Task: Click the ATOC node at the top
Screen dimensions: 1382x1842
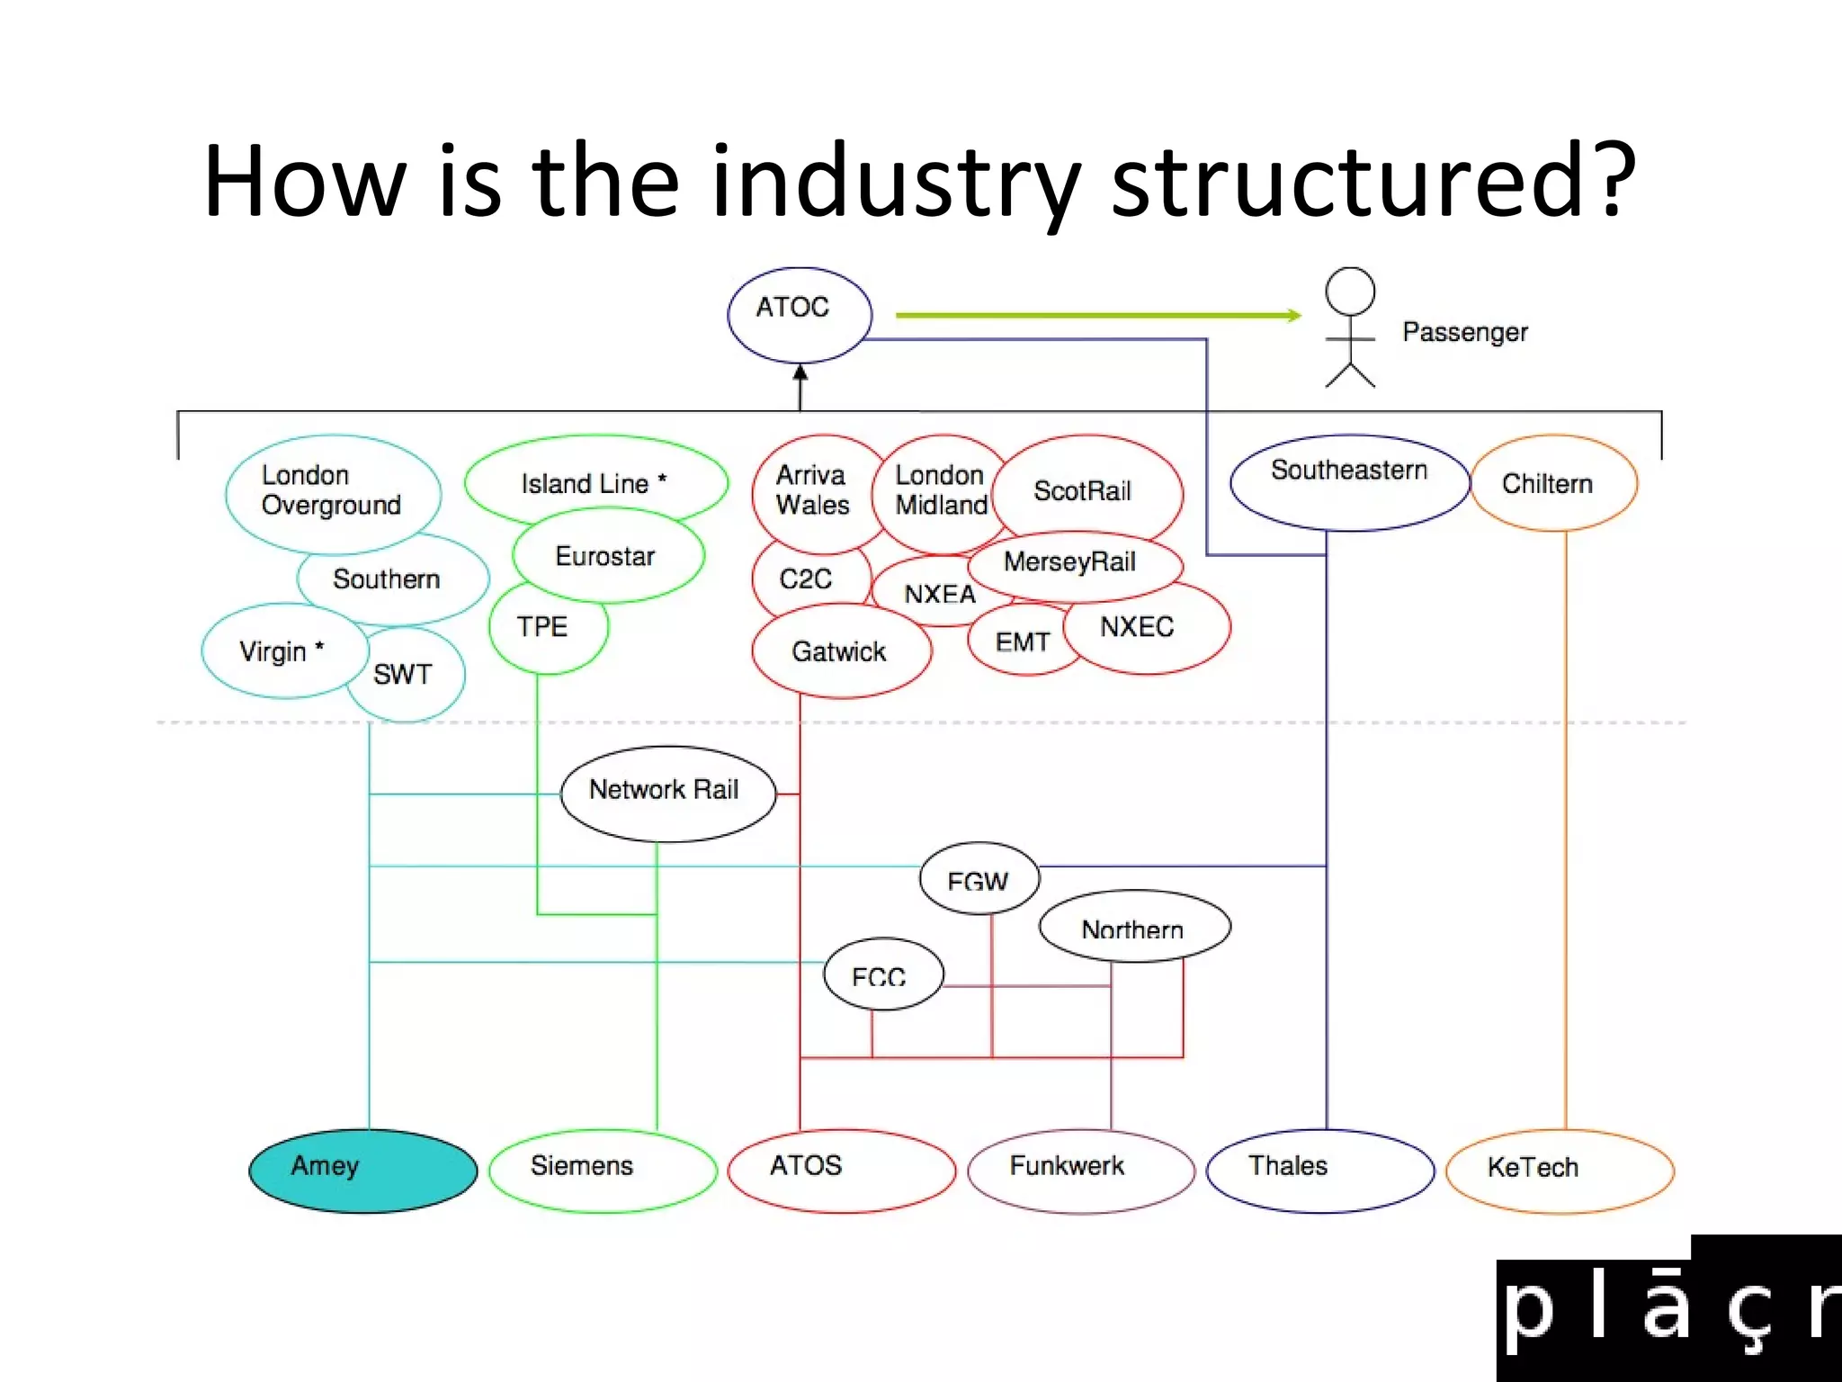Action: point(799,314)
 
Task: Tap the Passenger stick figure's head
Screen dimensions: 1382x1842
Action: point(1350,291)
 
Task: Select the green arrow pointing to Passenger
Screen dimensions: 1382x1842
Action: point(1097,315)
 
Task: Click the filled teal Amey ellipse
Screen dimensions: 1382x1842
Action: point(362,1171)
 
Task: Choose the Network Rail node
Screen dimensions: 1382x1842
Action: point(666,793)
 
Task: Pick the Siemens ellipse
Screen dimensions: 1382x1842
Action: point(603,1171)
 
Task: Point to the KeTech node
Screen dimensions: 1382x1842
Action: point(1560,1171)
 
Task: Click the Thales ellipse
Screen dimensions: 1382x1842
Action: point(1319,1171)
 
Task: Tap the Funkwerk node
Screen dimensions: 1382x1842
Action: point(1081,1171)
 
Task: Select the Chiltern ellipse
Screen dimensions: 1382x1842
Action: point(1553,483)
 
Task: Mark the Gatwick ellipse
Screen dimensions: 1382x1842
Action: point(841,651)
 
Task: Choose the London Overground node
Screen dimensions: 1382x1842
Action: point(333,492)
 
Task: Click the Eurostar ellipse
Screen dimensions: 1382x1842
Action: point(608,556)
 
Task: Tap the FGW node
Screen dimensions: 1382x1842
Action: point(979,879)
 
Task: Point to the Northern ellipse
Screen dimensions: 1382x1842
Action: point(1134,927)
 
